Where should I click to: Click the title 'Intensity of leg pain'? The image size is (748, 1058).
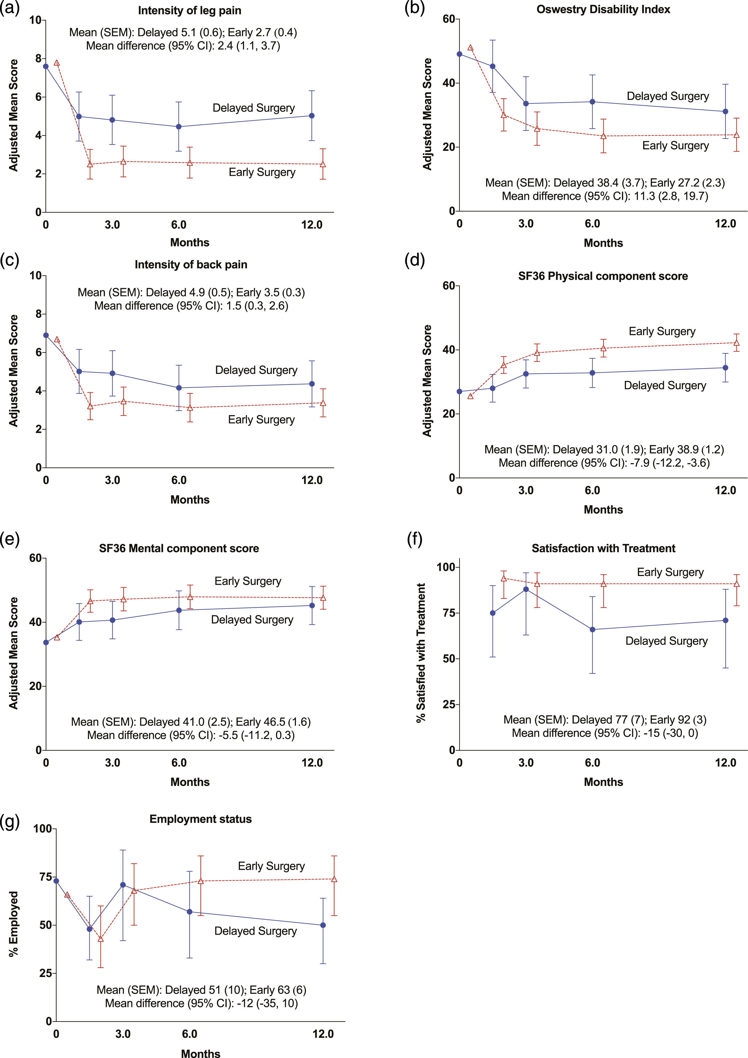click(x=189, y=11)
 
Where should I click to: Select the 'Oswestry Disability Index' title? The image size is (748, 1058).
click(x=603, y=10)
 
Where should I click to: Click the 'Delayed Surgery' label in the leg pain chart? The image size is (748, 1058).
click(x=253, y=108)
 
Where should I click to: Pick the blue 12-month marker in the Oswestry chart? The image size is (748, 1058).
click(x=725, y=112)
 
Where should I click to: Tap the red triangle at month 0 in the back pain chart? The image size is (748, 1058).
click(x=57, y=340)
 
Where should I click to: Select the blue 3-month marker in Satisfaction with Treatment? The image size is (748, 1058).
click(x=526, y=589)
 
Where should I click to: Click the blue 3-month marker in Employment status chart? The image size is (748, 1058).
click(x=123, y=885)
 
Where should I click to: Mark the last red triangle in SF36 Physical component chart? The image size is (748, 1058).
click(x=737, y=342)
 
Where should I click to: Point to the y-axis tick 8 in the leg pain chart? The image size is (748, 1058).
click(x=38, y=58)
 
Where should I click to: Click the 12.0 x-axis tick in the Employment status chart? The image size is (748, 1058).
click(x=323, y=1034)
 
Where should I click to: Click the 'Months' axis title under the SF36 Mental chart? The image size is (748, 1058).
click(x=190, y=782)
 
